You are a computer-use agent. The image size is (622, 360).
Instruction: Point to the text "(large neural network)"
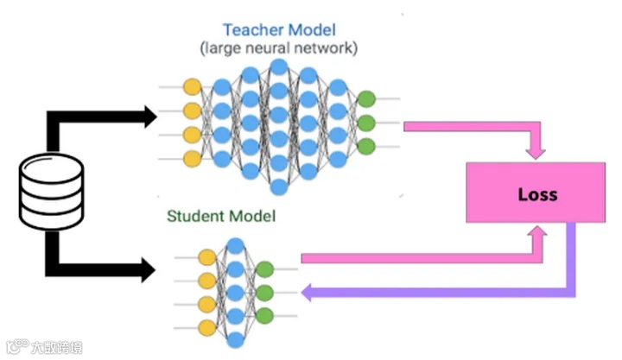tap(278, 48)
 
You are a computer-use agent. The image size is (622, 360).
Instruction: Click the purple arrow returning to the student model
tap(432, 293)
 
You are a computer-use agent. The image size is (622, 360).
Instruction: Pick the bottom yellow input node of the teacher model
tap(192, 158)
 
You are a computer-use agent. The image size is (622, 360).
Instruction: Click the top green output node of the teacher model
tap(365, 98)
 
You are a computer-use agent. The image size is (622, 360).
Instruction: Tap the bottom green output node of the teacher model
tap(365, 146)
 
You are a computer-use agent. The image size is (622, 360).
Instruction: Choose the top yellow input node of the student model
tap(206, 257)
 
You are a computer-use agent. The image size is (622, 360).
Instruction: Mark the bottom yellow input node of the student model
tap(206, 326)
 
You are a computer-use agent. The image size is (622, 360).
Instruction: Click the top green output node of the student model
tap(264, 269)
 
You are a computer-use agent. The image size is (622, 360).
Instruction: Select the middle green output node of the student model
tap(264, 293)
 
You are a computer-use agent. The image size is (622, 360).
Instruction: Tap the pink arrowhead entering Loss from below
tap(536, 233)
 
